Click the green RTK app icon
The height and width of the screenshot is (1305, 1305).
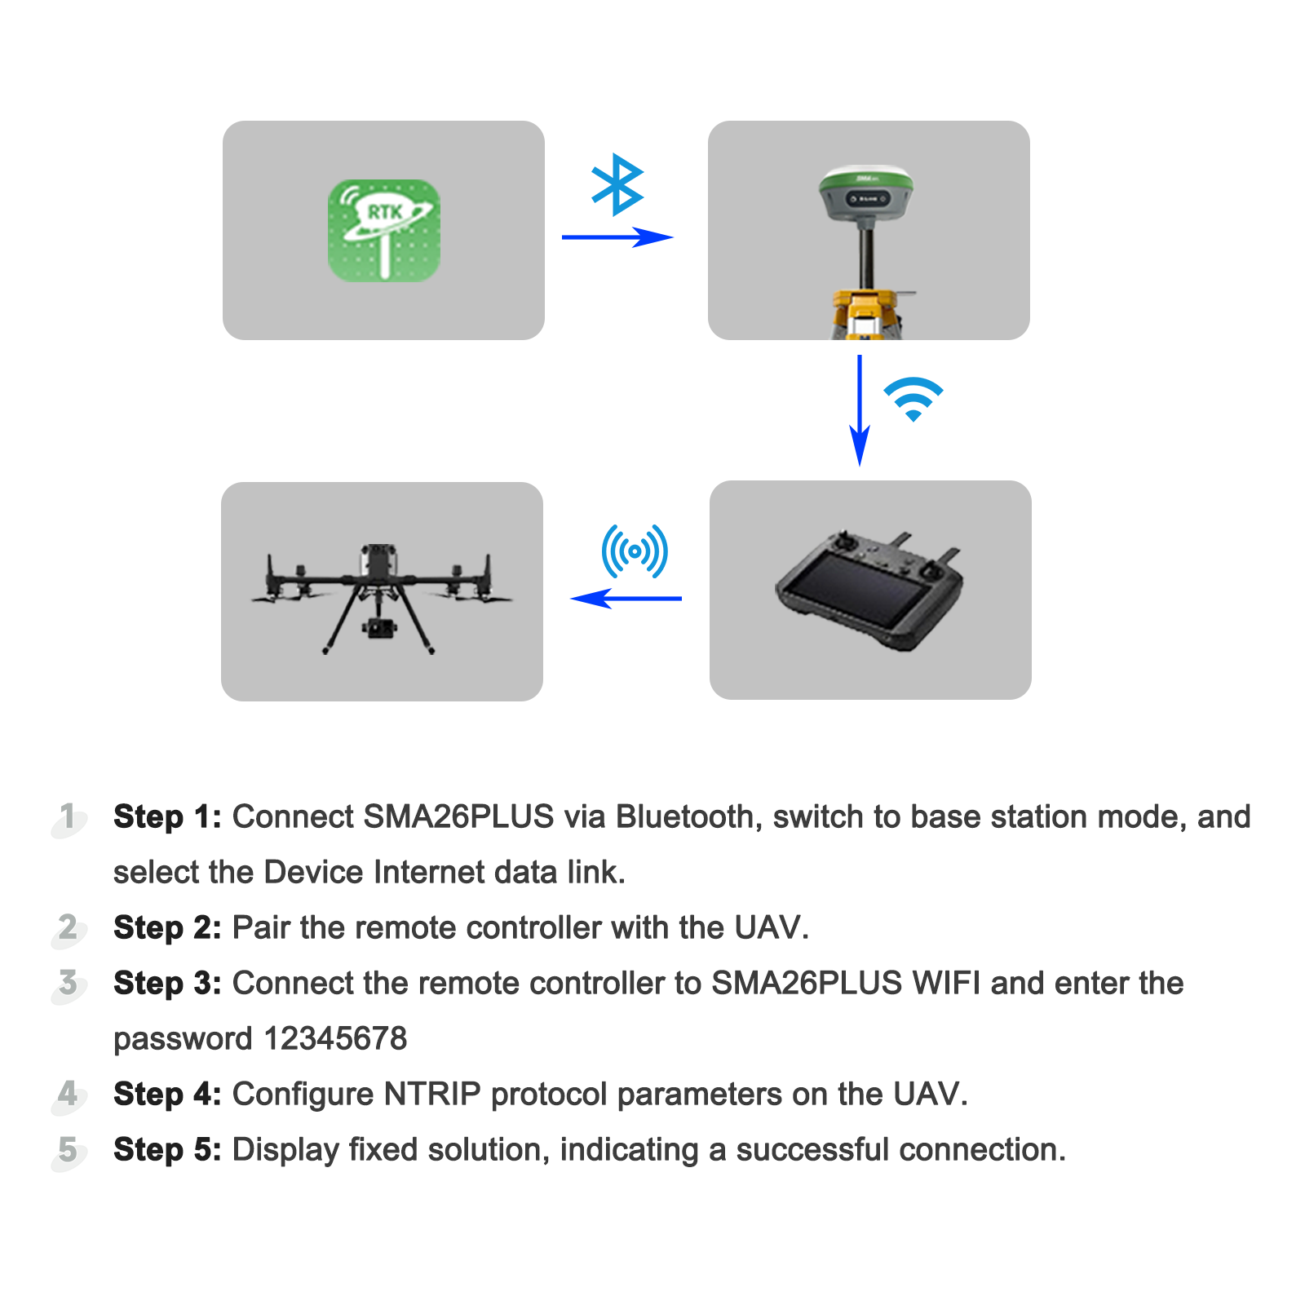click(383, 231)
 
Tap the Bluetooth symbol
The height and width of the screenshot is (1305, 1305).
click(617, 184)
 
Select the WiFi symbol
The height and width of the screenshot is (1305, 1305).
click(913, 399)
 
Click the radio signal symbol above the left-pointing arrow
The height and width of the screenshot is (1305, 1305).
click(635, 551)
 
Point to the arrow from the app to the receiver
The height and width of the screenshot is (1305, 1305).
click(617, 237)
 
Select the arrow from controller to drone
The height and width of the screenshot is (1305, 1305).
click(626, 599)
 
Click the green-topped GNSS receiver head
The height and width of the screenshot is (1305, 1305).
click(865, 193)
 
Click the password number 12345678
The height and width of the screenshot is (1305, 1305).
click(335, 1038)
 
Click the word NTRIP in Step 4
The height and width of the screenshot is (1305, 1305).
click(432, 1094)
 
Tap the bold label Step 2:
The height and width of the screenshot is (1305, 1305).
click(167, 927)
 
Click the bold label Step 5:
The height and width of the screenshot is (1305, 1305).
click(167, 1149)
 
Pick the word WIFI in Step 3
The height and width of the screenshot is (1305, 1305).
click(946, 983)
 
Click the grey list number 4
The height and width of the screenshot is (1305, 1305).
click(68, 1094)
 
